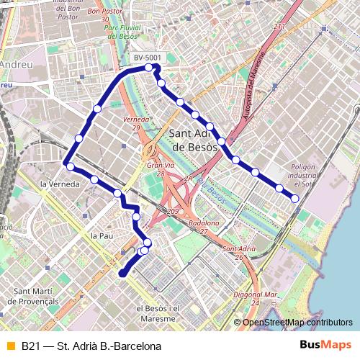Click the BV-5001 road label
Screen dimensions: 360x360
click(147, 57)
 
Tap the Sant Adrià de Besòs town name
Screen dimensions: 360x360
click(194, 140)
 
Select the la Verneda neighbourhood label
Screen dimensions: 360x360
click(60, 184)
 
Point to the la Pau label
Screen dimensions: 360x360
click(102, 235)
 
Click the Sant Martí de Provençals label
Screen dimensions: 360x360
click(36, 296)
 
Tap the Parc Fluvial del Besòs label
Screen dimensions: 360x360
click(121, 30)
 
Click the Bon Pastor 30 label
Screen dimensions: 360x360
click(104, 16)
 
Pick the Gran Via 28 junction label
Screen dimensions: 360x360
click(156, 169)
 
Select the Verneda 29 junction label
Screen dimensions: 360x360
click(136, 122)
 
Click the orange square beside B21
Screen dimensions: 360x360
click(10, 346)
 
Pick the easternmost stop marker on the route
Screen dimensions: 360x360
click(294, 198)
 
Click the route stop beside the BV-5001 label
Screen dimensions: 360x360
click(149, 68)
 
